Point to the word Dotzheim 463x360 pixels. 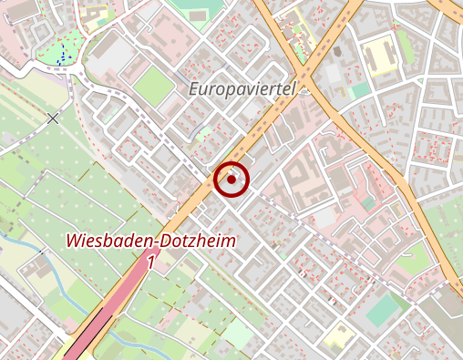click(198, 242)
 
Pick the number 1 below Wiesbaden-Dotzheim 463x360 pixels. click(149, 262)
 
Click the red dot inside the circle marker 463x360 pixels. click(232, 180)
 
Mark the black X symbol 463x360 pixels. click(53, 118)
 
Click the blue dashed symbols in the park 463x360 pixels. click(62, 57)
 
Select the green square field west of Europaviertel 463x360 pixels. click(153, 86)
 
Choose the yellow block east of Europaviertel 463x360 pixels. click(377, 57)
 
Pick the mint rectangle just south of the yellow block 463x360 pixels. click(360, 90)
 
